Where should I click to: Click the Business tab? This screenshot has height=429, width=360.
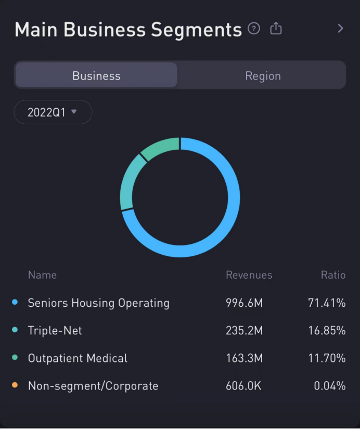[96, 76]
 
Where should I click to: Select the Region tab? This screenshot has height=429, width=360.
[263, 76]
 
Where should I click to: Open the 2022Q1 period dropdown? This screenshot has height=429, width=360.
[53, 112]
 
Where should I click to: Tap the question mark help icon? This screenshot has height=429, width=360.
[254, 29]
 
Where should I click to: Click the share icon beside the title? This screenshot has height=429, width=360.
[276, 29]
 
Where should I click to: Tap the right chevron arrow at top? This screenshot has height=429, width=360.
[340, 29]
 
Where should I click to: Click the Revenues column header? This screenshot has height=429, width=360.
[249, 275]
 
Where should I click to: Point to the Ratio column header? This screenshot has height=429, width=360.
[333, 275]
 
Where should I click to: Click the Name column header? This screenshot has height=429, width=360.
[42, 275]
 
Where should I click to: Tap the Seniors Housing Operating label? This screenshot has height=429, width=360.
[98, 303]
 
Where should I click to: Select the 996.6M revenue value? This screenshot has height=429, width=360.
[244, 303]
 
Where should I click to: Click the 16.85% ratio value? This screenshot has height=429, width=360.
[327, 331]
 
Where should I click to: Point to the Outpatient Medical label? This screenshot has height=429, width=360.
[78, 358]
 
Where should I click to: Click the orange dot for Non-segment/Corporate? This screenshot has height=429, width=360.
[15, 385]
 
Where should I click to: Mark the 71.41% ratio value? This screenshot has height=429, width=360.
[327, 303]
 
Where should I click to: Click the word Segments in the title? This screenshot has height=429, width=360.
[196, 30]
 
